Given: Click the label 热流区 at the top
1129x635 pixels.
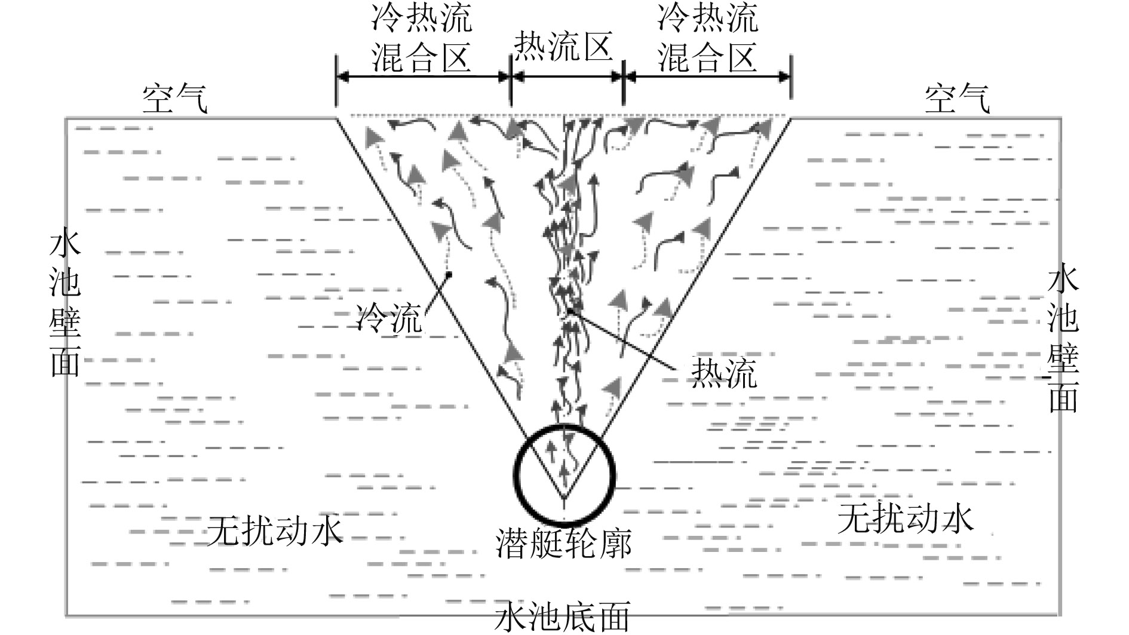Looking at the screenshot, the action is (x=564, y=46).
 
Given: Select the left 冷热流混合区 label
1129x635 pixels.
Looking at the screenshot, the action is (x=422, y=38).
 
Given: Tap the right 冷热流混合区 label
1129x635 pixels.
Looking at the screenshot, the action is (x=708, y=38).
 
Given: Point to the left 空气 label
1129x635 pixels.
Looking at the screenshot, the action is (x=175, y=98).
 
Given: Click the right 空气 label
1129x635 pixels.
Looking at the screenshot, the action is (x=957, y=98).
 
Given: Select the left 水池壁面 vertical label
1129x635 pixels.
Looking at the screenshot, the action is (x=65, y=305).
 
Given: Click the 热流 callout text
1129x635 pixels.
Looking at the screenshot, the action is (x=723, y=373).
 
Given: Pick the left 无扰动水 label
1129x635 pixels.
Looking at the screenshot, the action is (x=275, y=530).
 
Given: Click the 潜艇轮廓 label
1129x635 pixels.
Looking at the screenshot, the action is (x=564, y=542).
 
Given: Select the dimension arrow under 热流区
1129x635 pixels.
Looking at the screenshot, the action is (x=567, y=76).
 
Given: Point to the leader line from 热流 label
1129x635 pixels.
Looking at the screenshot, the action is (x=627, y=341).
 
